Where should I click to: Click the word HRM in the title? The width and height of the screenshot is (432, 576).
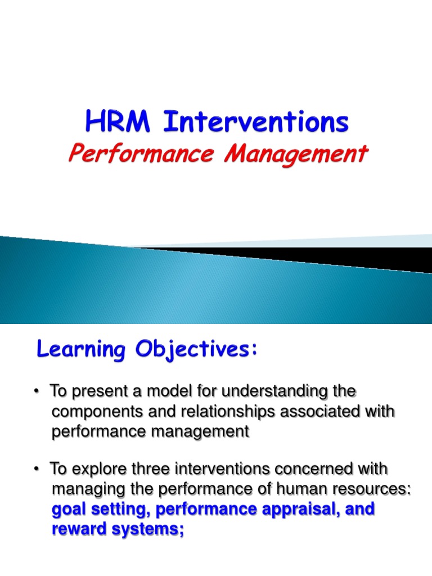118,121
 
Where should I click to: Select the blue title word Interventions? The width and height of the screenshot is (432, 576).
256,121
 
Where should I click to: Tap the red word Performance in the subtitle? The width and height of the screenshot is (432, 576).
141,154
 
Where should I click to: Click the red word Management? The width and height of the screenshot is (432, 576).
296,155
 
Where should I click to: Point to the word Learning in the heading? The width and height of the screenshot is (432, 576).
81,349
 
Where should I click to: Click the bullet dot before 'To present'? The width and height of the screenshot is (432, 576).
36,391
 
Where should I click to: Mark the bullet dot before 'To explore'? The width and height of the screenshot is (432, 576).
36,469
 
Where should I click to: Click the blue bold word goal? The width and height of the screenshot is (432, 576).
69,510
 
